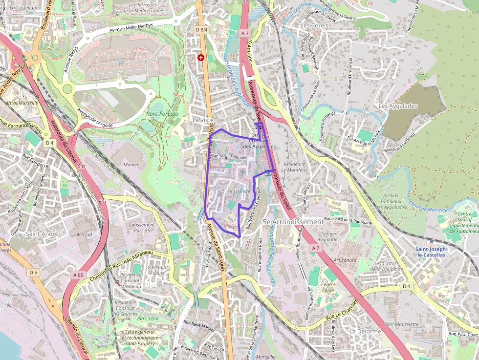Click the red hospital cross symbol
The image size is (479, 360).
coord(200,58)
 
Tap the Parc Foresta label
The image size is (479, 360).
coord(162,114)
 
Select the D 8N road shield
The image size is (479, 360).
coord(201,30)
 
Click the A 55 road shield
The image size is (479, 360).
coord(79,275)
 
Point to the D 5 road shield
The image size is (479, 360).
coord(33,272)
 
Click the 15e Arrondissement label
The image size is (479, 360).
coord(292,222)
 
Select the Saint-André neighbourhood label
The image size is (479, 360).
coord(42,233)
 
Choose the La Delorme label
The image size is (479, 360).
coord(365,331)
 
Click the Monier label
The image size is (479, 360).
coord(131,165)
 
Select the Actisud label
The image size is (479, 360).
coord(84,234)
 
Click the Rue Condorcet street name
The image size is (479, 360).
coord(36,161)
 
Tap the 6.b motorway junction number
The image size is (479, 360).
coord(81,167)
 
